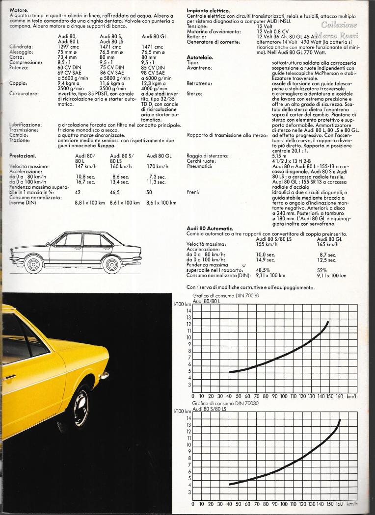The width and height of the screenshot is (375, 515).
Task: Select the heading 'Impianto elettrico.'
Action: pos(209,10)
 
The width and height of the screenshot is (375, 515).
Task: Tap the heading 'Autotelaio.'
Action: pos(200,57)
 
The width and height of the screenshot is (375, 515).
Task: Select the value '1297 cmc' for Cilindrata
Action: pos(68,46)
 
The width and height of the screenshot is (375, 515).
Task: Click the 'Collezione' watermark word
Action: pos(339,25)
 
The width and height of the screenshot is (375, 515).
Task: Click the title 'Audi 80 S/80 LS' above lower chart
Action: pos(210,408)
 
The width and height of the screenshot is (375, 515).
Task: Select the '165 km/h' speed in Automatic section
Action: pos(328,244)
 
